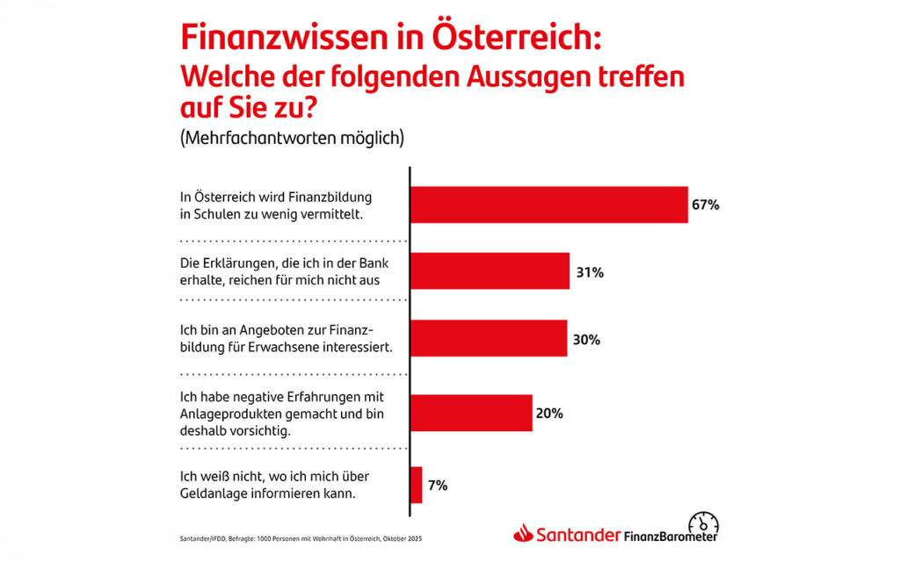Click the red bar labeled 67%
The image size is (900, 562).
tap(548, 205)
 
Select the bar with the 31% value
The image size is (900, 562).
tap(490, 271)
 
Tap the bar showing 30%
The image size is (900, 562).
tap(489, 338)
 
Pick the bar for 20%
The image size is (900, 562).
tap(471, 413)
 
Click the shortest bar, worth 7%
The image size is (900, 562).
tap(417, 485)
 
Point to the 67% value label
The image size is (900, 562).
tap(706, 205)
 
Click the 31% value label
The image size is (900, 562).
tap(589, 272)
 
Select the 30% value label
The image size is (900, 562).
tap(585, 339)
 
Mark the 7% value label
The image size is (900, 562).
tap(438, 485)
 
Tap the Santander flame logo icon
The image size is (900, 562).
tap(524, 534)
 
